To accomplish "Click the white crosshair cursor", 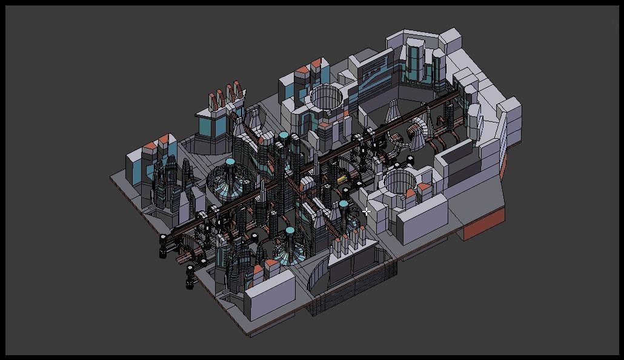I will (367, 212).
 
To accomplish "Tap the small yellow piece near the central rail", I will (342, 179).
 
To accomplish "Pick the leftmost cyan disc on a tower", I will (230, 162).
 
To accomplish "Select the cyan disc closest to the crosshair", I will (344, 204).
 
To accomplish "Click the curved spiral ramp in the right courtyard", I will (418, 130).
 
